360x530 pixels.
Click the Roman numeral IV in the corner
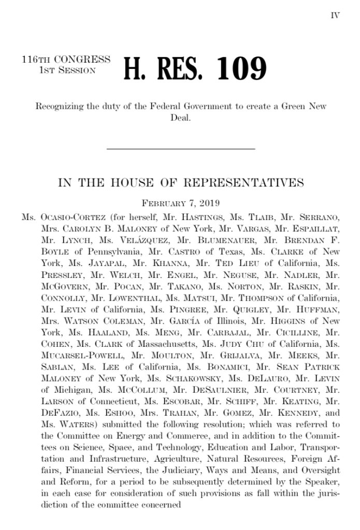[x=335, y=15]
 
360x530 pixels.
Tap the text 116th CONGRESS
[x=66, y=60]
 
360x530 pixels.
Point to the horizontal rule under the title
[x=180, y=149]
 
